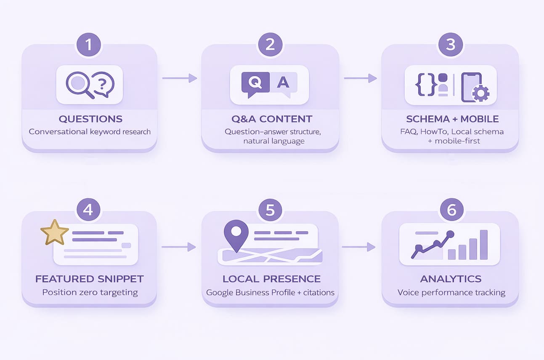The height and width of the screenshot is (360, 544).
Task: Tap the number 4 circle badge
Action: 88,210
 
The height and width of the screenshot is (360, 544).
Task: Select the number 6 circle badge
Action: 451,210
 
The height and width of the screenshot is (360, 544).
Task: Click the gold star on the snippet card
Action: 55,232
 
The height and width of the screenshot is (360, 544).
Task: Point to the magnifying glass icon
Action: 79,84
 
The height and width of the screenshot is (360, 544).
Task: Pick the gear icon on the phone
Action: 480,93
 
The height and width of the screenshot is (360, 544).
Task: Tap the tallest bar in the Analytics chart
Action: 484,245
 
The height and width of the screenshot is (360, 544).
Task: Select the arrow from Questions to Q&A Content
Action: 180,78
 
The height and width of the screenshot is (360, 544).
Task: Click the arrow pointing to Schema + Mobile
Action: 360,78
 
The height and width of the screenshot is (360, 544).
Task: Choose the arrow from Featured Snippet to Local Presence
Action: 179,247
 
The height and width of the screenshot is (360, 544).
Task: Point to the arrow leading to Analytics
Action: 358,247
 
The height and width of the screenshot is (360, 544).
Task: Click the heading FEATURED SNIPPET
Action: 90,279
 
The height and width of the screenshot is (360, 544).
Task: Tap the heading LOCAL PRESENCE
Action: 271,279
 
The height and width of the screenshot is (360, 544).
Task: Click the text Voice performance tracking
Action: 451,292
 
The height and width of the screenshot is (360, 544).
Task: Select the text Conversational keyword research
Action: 90,131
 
